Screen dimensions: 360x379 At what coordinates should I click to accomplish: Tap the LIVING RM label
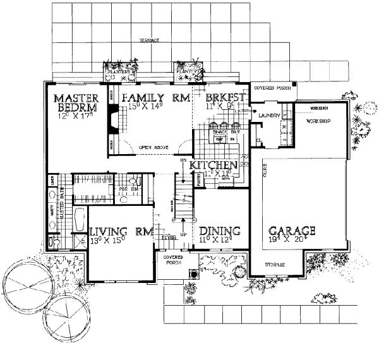(x=121, y=231)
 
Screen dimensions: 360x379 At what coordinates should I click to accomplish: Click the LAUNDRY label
(x=268, y=114)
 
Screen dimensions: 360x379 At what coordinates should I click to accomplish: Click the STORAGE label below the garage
(x=275, y=264)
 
